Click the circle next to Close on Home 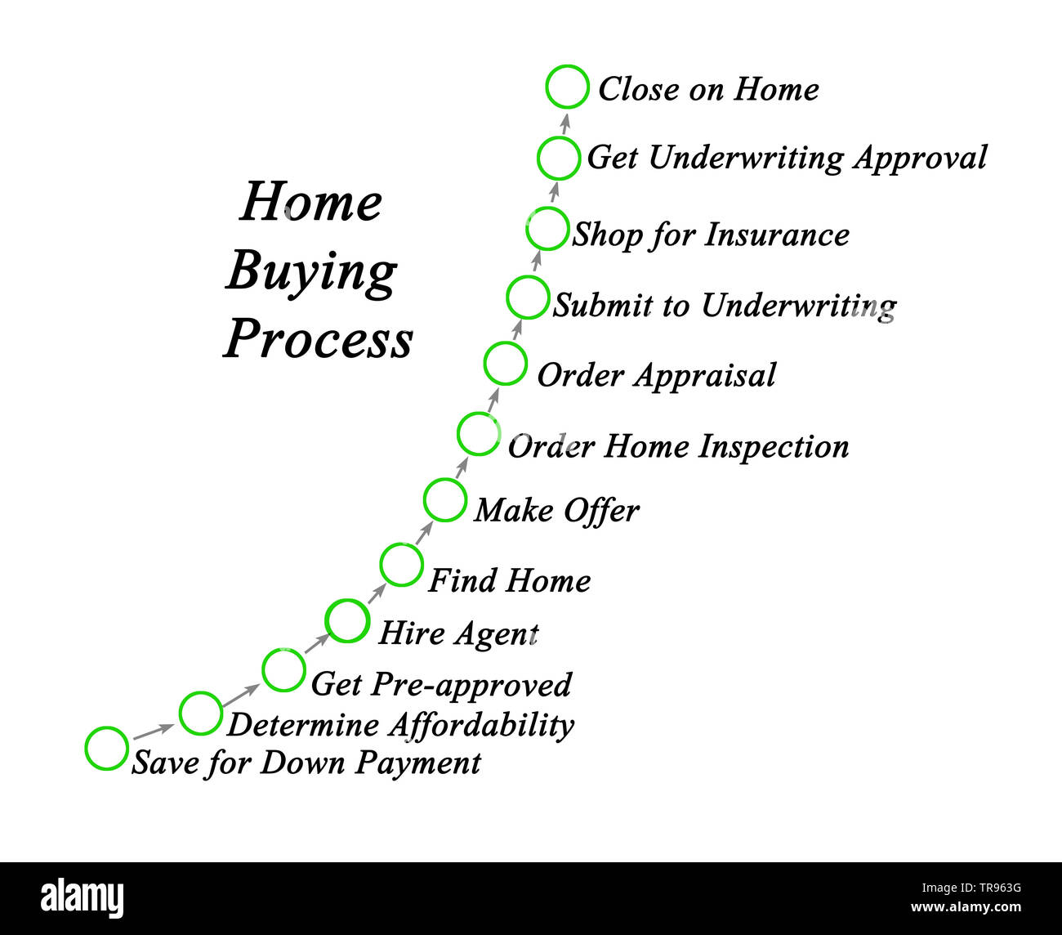(567, 87)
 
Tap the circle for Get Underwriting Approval (559, 159)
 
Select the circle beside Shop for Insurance (547, 229)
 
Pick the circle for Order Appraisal (505, 364)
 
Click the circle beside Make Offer (445, 500)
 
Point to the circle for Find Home (401, 564)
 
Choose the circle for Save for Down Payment (106, 748)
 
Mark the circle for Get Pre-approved (283, 669)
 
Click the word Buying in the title (310, 271)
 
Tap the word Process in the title (319, 339)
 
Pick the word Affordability (481, 726)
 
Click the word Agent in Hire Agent (496, 634)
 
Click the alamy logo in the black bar (82, 897)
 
